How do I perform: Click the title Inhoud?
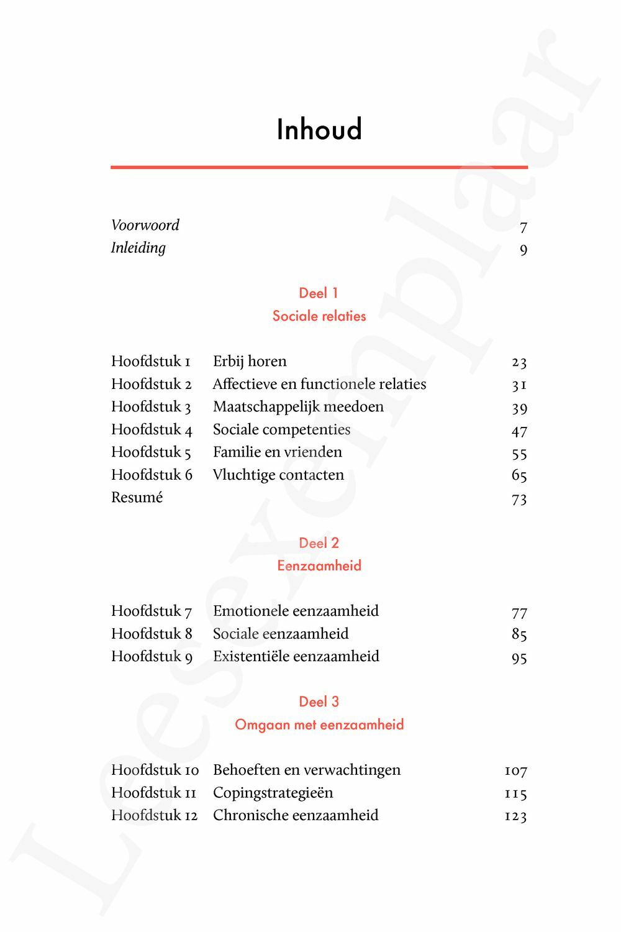[x=319, y=129]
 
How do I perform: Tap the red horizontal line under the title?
[x=319, y=167]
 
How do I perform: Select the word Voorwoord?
[x=145, y=225]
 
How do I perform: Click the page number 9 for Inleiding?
[x=524, y=250]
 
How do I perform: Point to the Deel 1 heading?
[x=319, y=293]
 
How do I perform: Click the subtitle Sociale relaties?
[x=319, y=316]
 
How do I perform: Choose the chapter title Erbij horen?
[x=250, y=361]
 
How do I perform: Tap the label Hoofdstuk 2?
[x=152, y=384]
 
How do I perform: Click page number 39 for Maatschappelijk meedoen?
[x=519, y=408]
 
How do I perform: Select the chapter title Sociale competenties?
[x=281, y=429]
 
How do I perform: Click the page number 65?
[x=519, y=476]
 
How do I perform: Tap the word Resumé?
[x=137, y=498]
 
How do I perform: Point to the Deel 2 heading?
[x=319, y=543]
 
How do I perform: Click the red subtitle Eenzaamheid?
[x=319, y=565]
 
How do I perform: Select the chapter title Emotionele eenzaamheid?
[x=296, y=611]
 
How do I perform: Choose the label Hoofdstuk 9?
[x=152, y=657]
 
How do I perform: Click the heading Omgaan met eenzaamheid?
[x=319, y=724]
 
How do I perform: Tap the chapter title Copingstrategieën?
[x=273, y=793]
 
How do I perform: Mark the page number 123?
[x=515, y=816]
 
